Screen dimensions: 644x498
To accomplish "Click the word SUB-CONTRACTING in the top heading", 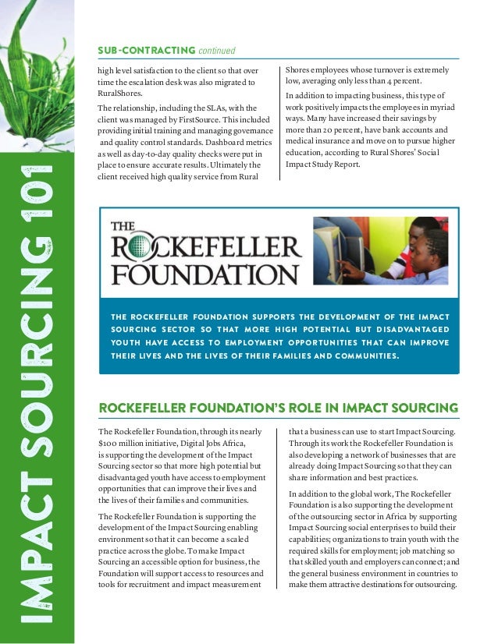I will (145, 51).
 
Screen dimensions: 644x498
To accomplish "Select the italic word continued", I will (216, 51).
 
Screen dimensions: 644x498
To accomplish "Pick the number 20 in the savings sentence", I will (329, 129).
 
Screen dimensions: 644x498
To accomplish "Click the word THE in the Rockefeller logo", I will (123, 226).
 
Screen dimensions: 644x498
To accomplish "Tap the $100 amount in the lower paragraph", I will (110, 443).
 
